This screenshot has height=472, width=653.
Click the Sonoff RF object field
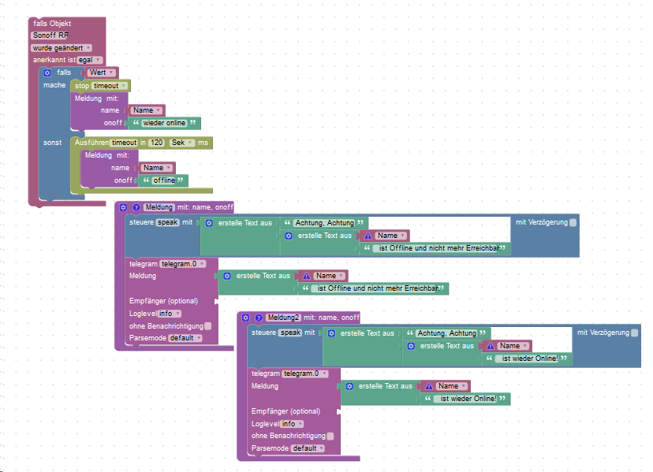[50, 35]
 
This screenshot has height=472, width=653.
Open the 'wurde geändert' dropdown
[62, 48]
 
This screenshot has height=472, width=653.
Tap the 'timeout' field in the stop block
[108, 85]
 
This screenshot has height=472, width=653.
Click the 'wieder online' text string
[164, 123]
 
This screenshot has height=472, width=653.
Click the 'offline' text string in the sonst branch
[163, 180]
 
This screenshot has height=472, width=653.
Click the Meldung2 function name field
[284, 318]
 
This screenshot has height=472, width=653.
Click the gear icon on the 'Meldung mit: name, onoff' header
[123, 207]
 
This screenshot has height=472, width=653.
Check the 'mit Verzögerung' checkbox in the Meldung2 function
[635, 333]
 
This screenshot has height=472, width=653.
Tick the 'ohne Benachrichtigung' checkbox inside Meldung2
[330, 436]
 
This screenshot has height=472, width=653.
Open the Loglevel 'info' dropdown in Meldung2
[291, 424]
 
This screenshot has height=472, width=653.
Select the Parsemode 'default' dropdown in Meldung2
[308, 448]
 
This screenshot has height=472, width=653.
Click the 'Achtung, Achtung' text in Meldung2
[446, 333]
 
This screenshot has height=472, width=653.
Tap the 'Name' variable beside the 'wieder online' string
[147, 110]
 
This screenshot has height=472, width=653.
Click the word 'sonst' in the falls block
[53, 143]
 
